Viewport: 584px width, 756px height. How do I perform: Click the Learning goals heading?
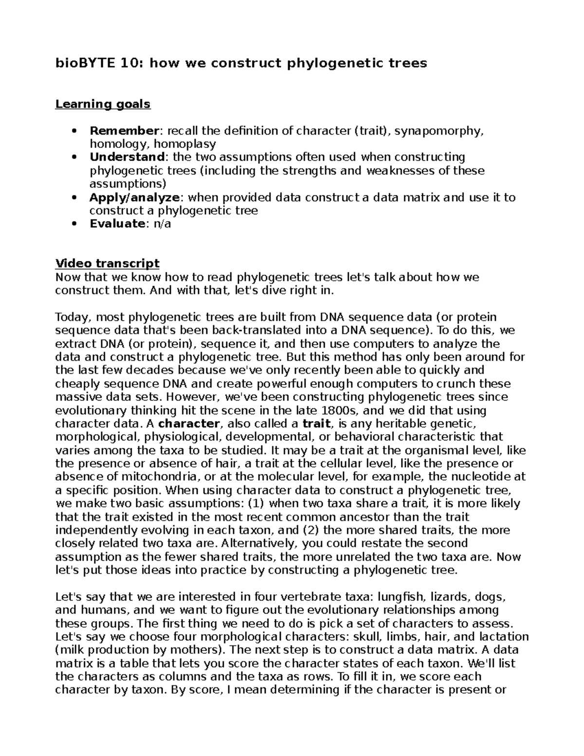tap(103, 104)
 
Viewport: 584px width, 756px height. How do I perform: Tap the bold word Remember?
tap(124, 131)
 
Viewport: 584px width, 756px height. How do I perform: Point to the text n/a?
tap(162, 224)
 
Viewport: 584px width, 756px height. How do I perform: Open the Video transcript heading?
tap(107, 264)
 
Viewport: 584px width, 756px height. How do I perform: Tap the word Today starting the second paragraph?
tap(73, 317)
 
